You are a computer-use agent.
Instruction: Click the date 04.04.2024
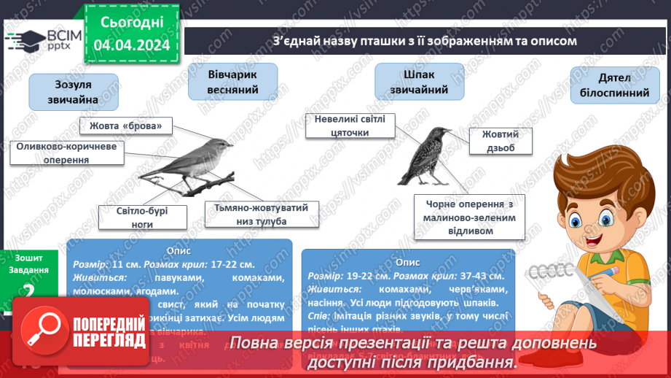[131, 45]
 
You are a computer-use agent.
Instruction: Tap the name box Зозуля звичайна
[74, 92]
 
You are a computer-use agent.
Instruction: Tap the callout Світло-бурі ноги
[143, 217]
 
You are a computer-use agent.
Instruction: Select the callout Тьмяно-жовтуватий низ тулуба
[261, 215]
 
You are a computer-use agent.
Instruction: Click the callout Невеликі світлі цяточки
[350, 126]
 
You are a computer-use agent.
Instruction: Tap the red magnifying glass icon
[49, 331]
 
